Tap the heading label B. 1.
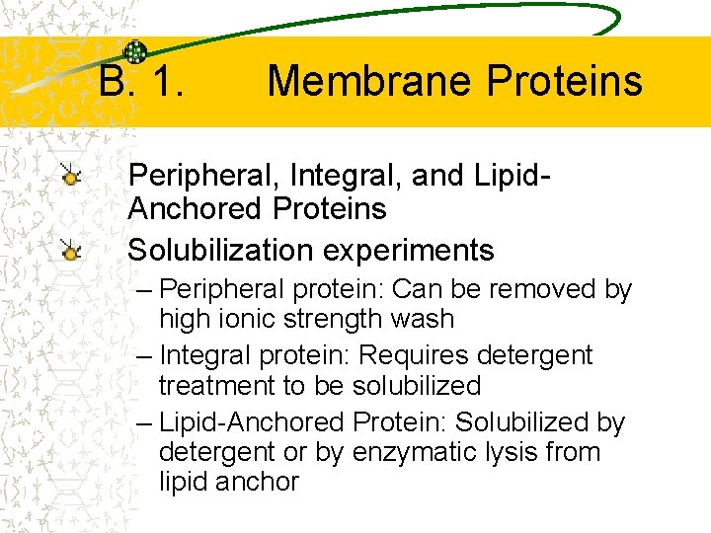(x=141, y=81)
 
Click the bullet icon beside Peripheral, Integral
(x=70, y=177)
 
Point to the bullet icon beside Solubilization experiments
(x=70, y=252)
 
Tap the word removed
(x=547, y=289)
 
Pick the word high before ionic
(x=183, y=319)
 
